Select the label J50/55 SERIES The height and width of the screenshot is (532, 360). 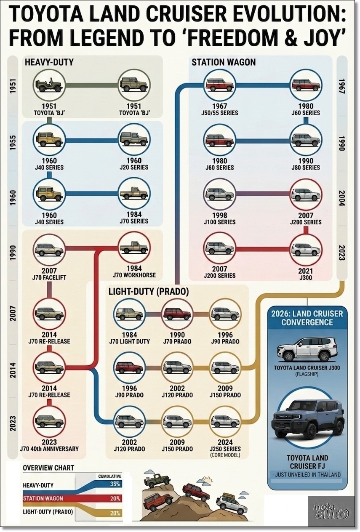tap(220, 113)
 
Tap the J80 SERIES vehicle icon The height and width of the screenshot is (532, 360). tap(306, 140)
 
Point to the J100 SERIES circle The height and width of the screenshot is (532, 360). tap(220, 194)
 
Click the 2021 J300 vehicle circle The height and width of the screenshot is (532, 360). tap(306, 249)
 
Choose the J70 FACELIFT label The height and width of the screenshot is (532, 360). tap(49, 277)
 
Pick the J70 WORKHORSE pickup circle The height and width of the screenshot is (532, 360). tap(134, 249)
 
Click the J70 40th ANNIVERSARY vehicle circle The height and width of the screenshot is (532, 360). tap(49, 421)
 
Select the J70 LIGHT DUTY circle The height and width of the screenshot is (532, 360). tap(130, 314)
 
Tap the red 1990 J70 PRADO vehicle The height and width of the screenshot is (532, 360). tap(177, 314)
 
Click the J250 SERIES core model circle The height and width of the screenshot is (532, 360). tap(225, 421)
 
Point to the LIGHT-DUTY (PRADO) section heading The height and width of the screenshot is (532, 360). tap(148, 291)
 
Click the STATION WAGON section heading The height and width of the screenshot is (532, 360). tap(224, 62)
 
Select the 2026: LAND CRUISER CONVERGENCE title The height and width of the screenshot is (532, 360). tap(307, 318)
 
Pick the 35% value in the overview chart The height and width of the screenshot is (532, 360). tap(115, 484)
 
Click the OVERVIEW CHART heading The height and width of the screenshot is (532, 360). tap(48, 468)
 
